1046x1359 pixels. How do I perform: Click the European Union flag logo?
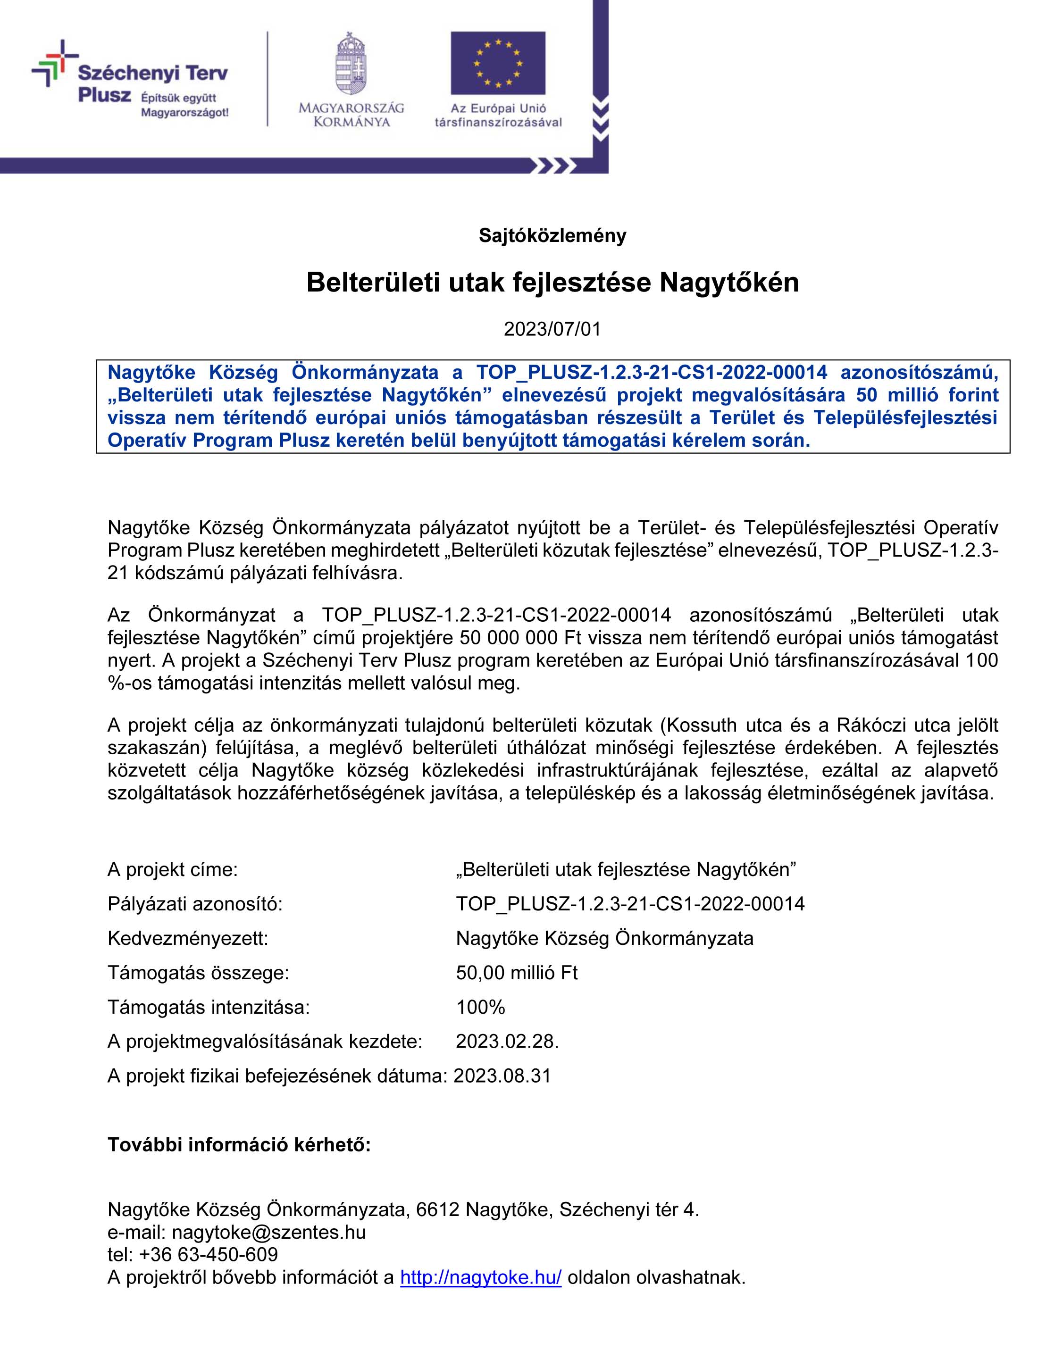[x=497, y=63]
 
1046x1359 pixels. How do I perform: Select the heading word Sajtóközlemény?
[x=552, y=236]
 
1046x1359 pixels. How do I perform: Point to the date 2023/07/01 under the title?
[x=552, y=329]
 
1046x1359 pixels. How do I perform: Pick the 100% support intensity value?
[x=480, y=1007]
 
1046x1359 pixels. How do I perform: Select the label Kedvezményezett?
[x=188, y=938]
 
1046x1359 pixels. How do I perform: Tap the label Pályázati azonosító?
[x=195, y=903]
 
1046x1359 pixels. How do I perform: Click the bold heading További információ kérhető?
[x=239, y=1144]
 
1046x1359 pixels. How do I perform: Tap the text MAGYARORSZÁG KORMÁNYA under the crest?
[x=351, y=115]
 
